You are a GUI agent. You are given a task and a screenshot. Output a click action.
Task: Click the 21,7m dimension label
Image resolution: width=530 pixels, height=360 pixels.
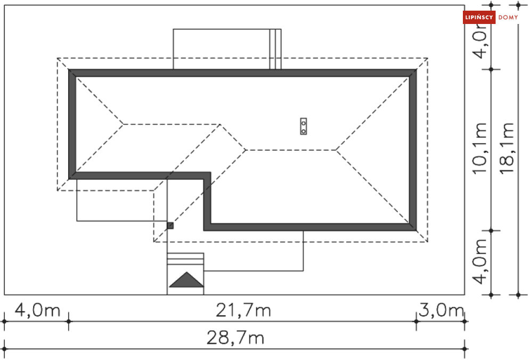click(243, 310)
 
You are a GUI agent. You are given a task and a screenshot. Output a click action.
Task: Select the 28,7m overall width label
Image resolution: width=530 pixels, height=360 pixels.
click(235, 338)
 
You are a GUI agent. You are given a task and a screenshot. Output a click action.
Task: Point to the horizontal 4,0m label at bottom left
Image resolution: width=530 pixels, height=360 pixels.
click(37, 310)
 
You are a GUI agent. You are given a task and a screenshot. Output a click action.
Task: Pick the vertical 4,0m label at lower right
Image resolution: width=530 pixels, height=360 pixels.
click(480, 262)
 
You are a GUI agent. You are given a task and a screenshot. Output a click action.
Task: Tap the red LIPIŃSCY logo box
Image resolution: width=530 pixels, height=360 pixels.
click(479, 18)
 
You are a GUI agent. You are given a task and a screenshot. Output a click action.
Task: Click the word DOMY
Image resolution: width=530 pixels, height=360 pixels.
click(508, 18)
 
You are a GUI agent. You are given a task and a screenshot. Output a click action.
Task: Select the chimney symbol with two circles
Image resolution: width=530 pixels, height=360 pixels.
click(304, 126)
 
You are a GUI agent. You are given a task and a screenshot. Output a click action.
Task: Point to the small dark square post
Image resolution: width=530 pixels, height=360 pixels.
click(170, 226)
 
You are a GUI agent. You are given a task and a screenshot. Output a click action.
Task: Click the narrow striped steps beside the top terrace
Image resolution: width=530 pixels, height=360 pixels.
click(275, 49)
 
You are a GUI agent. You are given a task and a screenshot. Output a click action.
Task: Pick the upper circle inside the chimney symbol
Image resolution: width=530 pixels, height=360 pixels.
click(304, 122)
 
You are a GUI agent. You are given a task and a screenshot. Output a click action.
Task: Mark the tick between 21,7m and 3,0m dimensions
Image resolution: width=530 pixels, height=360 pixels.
click(416, 321)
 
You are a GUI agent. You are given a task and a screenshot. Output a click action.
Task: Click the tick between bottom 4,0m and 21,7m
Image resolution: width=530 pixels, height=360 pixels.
click(68, 321)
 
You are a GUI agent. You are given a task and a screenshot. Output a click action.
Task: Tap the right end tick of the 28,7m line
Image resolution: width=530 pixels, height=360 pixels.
click(465, 349)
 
